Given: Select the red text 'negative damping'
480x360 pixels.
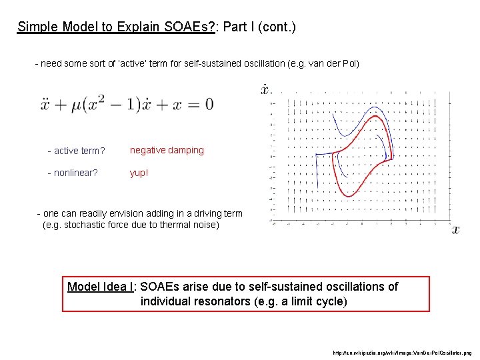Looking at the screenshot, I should click(x=167, y=150).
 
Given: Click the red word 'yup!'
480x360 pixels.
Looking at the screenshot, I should click(x=139, y=173).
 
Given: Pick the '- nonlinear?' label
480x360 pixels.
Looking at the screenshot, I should click(x=73, y=173).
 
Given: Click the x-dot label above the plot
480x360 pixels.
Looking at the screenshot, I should click(x=265, y=90).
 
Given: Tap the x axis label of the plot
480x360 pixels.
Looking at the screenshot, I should click(x=456, y=229).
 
